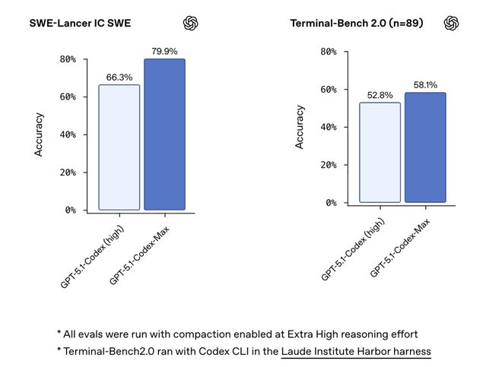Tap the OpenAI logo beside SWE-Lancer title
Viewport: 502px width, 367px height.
[x=191, y=23]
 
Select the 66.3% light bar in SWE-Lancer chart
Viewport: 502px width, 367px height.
[x=119, y=147]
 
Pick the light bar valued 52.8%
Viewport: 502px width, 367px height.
[x=380, y=152]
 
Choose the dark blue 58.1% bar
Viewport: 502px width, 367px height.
[x=425, y=147]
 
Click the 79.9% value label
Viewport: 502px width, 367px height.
[x=164, y=52]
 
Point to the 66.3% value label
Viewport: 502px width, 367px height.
[x=119, y=77]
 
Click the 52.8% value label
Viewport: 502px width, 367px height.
[x=380, y=95]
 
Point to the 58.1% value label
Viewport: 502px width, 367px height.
[x=425, y=85]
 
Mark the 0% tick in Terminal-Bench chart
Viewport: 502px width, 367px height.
[x=332, y=203]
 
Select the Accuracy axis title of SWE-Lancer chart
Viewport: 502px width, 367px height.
[x=40, y=134]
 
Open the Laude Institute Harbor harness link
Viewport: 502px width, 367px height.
[x=355, y=351]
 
